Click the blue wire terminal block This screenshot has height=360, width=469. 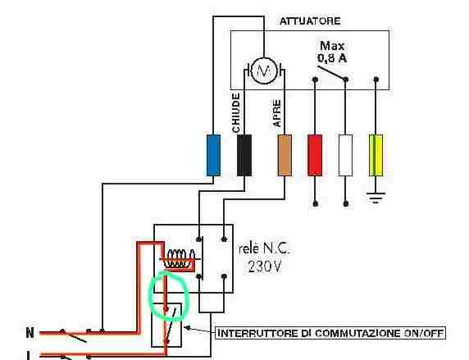click(x=213, y=155)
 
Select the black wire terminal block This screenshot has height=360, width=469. click(x=244, y=155)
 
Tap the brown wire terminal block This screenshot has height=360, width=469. click(x=285, y=155)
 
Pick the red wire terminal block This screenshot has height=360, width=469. click(x=315, y=155)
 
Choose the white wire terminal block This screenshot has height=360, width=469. click(x=345, y=155)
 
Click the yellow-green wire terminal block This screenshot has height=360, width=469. click(x=376, y=155)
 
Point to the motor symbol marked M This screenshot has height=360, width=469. click(x=264, y=71)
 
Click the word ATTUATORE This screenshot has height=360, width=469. click(x=310, y=21)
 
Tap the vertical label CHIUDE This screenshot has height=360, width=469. click(x=236, y=113)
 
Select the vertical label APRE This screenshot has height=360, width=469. click(x=277, y=113)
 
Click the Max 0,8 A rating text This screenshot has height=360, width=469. click(x=332, y=52)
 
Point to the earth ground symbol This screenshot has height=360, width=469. click(x=376, y=198)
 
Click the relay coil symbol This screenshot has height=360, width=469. click(x=180, y=258)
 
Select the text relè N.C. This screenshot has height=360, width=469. click(x=264, y=249)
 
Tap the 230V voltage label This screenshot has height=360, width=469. click(x=265, y=266)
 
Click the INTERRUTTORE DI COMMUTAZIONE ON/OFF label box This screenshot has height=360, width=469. click(x=330, y=333)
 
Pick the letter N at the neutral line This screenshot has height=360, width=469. click(x=30, y=332)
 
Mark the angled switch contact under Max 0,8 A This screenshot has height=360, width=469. click(x=331, y=73)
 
